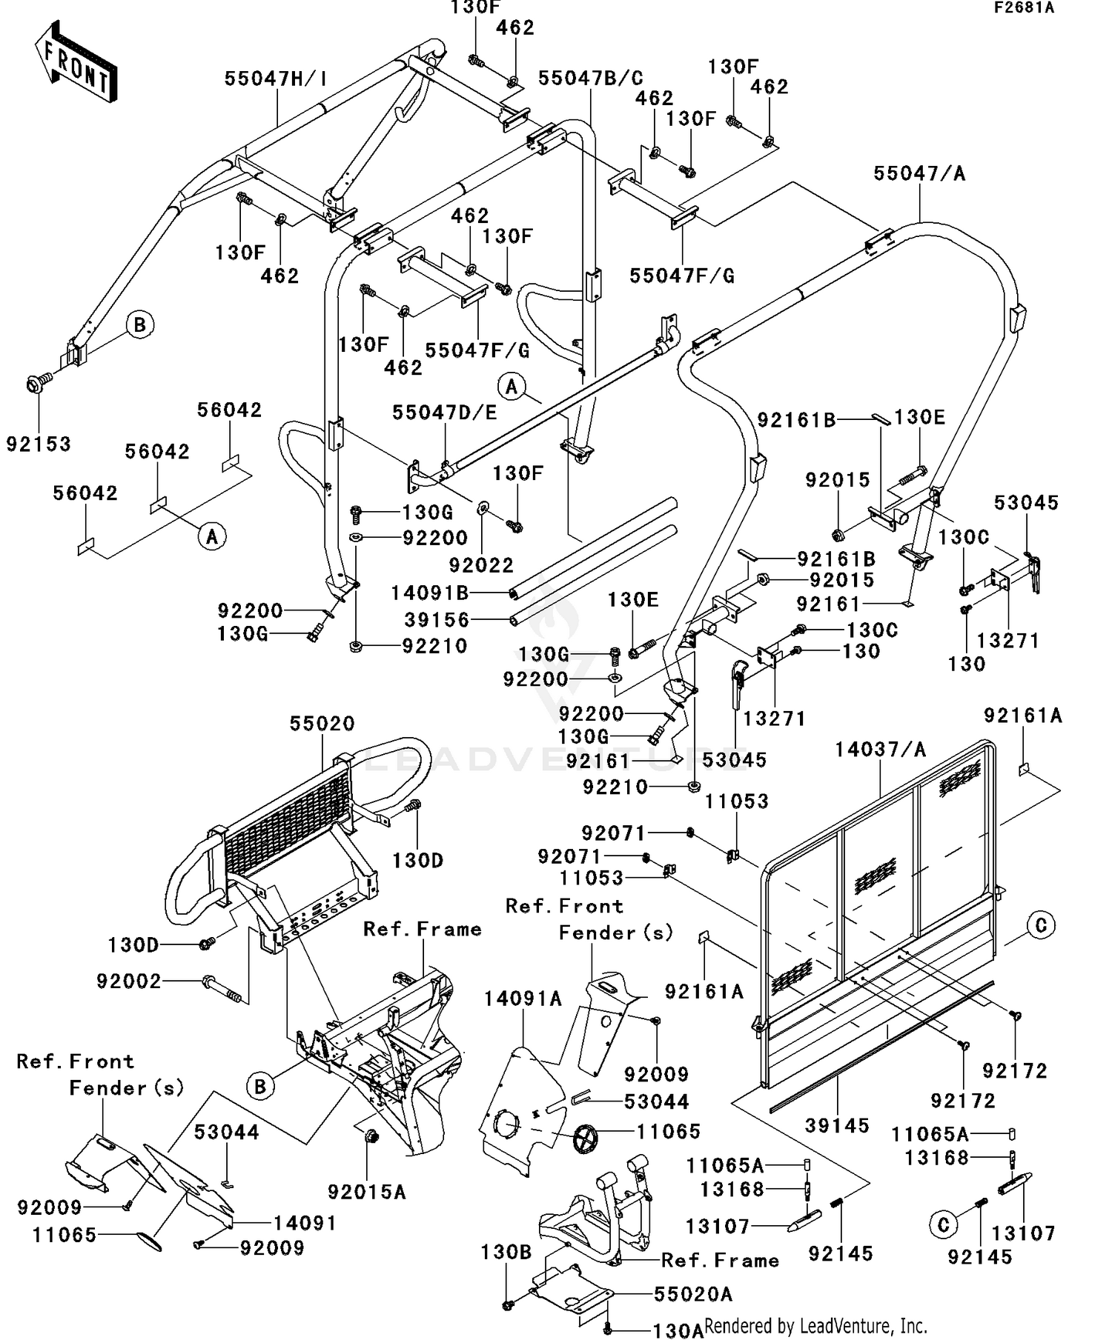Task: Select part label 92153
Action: coord(39,444)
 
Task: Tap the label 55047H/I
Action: coord(277,79)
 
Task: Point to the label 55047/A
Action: coord(919,173)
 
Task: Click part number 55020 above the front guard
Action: coord(322,724)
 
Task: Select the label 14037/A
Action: coord(881,750)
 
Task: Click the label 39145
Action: coord(837,1126)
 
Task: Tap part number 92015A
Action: coord(367,1192)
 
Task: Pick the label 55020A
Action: coord(693,1294)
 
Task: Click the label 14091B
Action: coord(430,593)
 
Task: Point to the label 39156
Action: coord(437,619)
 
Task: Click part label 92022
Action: coord(481,565)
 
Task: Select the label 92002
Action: coord(128,981)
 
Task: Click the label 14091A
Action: coord(523,999)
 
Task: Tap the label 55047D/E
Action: coord(445,413)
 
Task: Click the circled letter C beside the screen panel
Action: coord(1041,926)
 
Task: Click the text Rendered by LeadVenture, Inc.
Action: coord(815,1324)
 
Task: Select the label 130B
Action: coord(506,1252)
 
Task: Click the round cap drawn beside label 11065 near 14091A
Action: coord(586,1136)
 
